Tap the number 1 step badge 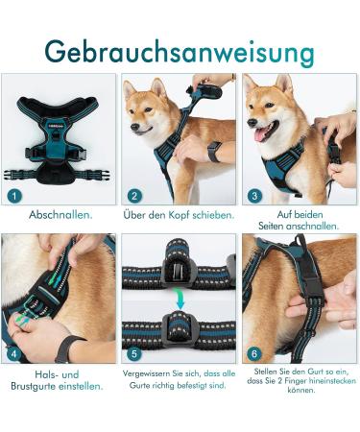pos(13,196)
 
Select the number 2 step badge pos(135,196)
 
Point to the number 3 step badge pos(255,196)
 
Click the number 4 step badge pos(13,354)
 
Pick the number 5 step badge pos(135,354)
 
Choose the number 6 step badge pos(255,354)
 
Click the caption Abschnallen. pos(60,215)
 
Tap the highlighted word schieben pos(211,215)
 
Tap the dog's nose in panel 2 pos(133,131)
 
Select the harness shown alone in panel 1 pos(60,139)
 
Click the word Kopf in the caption pos(177,215)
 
